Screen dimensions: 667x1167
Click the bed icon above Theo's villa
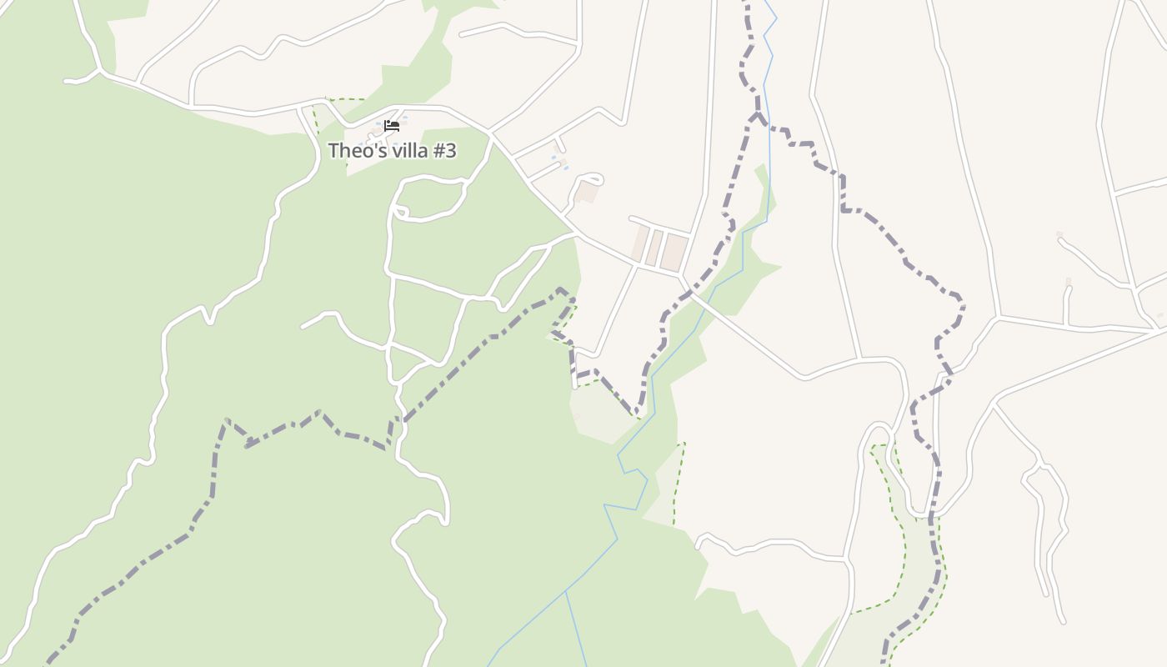point(392,126)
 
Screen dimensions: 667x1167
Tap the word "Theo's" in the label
point(352,151)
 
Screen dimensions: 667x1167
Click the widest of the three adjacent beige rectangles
point(674,252)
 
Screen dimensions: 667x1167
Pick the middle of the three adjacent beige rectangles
point(654,247)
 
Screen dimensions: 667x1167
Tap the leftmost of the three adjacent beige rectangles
point(639,243)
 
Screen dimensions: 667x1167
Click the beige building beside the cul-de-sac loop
point(587,193)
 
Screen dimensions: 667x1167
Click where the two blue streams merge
point(566,591)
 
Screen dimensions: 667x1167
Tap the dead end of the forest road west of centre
point(303,326)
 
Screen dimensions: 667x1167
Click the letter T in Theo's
point(333,151)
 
